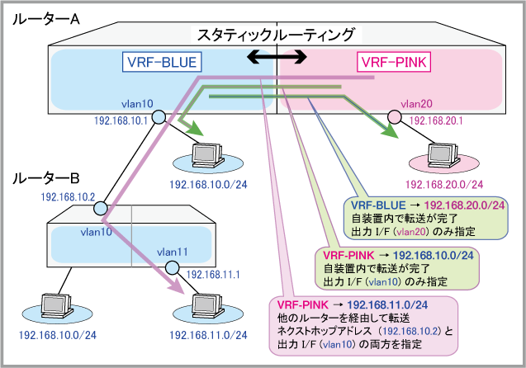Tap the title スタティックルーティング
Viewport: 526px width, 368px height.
pos(276,35)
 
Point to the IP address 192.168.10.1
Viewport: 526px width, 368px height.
pos(123,120)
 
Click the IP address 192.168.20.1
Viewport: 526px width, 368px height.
pos(435,120)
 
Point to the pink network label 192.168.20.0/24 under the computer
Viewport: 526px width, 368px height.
pos(443,183)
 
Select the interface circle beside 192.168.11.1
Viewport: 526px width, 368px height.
pos(172,267)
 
